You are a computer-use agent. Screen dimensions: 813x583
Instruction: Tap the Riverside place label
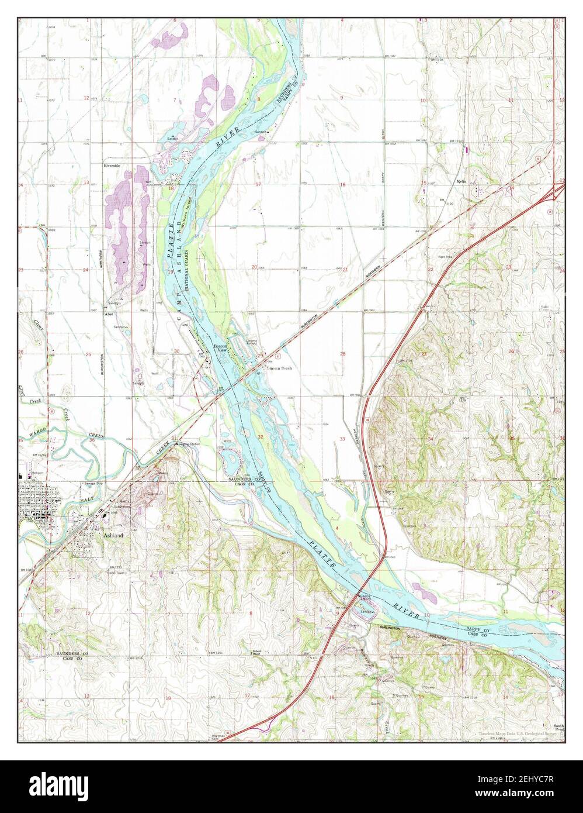tap(112, 166)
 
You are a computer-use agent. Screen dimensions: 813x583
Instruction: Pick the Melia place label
tap(461, 181)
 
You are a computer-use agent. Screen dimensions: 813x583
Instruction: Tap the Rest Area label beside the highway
tap(446, 257)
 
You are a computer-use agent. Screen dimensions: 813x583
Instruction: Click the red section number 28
tap(343, 354)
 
